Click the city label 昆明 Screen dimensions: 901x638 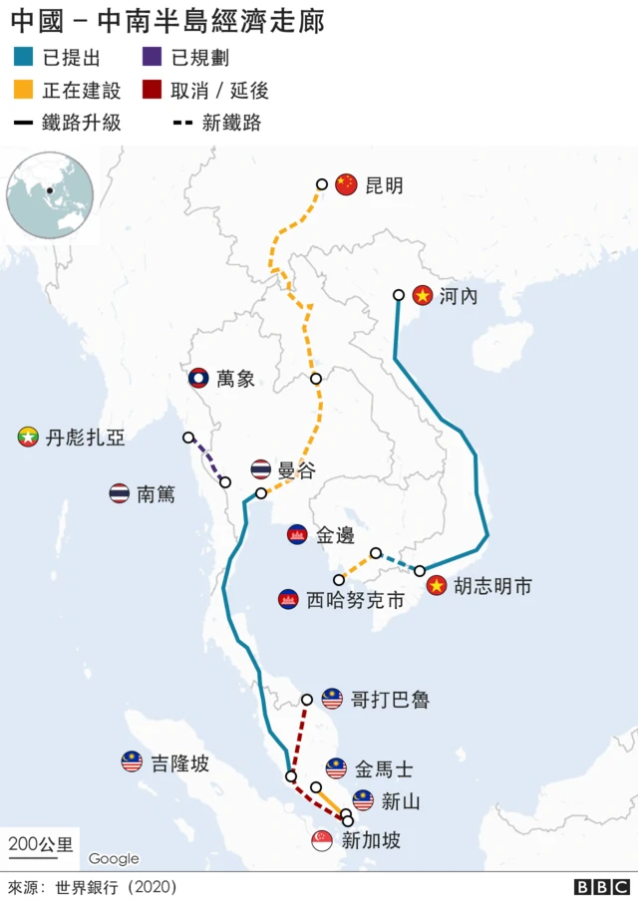click(x=384, y=185)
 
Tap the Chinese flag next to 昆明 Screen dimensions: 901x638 click(x=346, y=184)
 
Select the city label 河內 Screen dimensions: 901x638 click(x=459, y=296)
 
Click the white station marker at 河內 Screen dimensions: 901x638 click(x=398, y=295)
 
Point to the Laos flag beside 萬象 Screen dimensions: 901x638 click(x=199, y=379)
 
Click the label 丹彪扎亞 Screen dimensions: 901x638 click(x=85, y=438)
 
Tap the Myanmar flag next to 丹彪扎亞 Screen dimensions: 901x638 click(x=28, y=437)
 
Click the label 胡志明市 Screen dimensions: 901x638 click(x=492, y=586)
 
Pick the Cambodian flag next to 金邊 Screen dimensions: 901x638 click(x=297, y=535)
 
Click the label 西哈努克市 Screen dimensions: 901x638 click(x=355, y=600)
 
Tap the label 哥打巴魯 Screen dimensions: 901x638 click(x=390, y=700)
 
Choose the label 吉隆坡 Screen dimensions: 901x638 click(x=179, y=764)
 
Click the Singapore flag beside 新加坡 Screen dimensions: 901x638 click(x=322, y=841)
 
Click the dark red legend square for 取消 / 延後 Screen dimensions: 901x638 click(x=152, y=91)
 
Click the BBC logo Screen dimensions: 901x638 click(x=601, y=886)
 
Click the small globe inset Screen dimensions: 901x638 click(x=50, y=194)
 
